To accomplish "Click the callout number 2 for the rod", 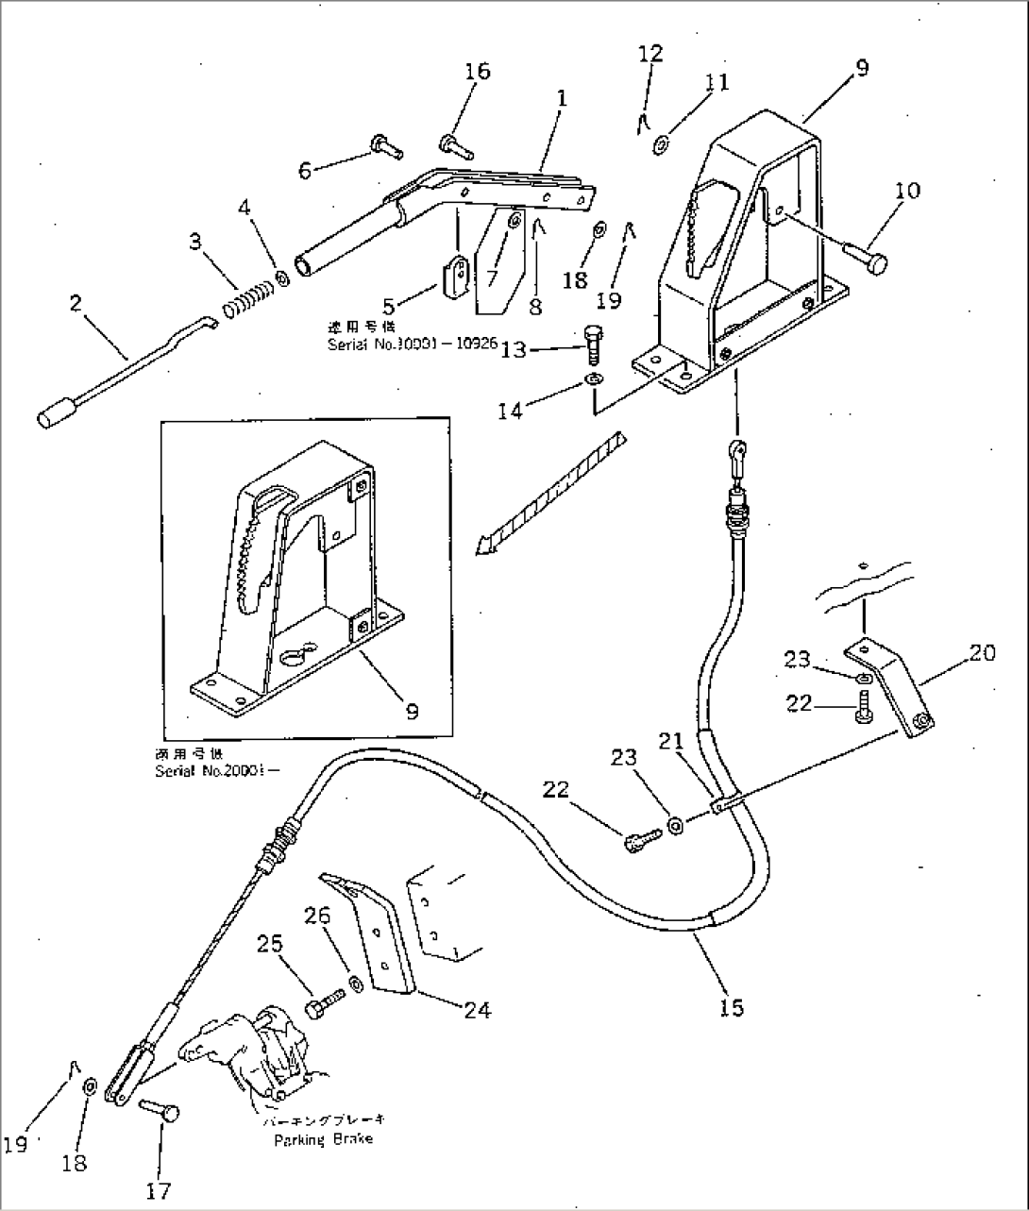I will (76, 303).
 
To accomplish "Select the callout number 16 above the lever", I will (478, 72).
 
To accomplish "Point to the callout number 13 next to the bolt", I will (513, 350).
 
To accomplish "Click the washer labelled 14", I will (593, 379).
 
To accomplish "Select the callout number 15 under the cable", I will (732, 1008).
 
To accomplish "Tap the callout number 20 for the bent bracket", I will (982, 652).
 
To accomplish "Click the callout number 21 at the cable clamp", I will (670, 741).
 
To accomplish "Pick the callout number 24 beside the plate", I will (478, 1009).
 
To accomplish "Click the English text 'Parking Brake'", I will (323, 1139).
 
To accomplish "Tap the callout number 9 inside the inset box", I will (411, 712).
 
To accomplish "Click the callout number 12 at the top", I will (650, 53).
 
